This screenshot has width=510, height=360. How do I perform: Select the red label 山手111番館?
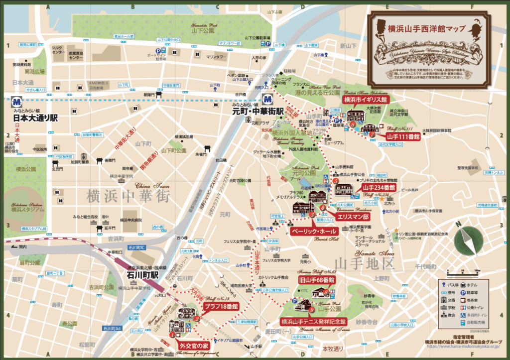[403, 135]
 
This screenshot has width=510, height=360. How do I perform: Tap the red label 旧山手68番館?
[316, 280]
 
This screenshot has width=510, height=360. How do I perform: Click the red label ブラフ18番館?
[220, 306]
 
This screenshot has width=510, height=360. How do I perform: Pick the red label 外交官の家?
[192, 345]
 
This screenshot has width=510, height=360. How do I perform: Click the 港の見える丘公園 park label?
[317, 93]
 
